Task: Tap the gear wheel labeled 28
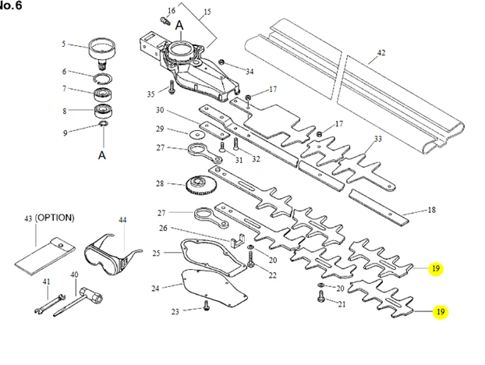[200, 186]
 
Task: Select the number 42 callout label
[381, 53]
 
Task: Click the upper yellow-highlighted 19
[436, 268]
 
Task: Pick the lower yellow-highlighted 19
[441, 312]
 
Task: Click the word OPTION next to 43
[55, 218]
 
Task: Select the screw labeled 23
[206, 306]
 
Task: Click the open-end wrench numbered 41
[50, 303]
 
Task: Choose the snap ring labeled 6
[103, 79]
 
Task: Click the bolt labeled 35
[171, 87]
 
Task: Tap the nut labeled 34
[221, 63]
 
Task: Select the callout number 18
[432, 210]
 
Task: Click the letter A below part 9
[102, 155]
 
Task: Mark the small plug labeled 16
[165, 21]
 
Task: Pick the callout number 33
[378, 139]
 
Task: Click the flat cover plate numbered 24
[214, 289]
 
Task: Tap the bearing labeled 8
[103, 111]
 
